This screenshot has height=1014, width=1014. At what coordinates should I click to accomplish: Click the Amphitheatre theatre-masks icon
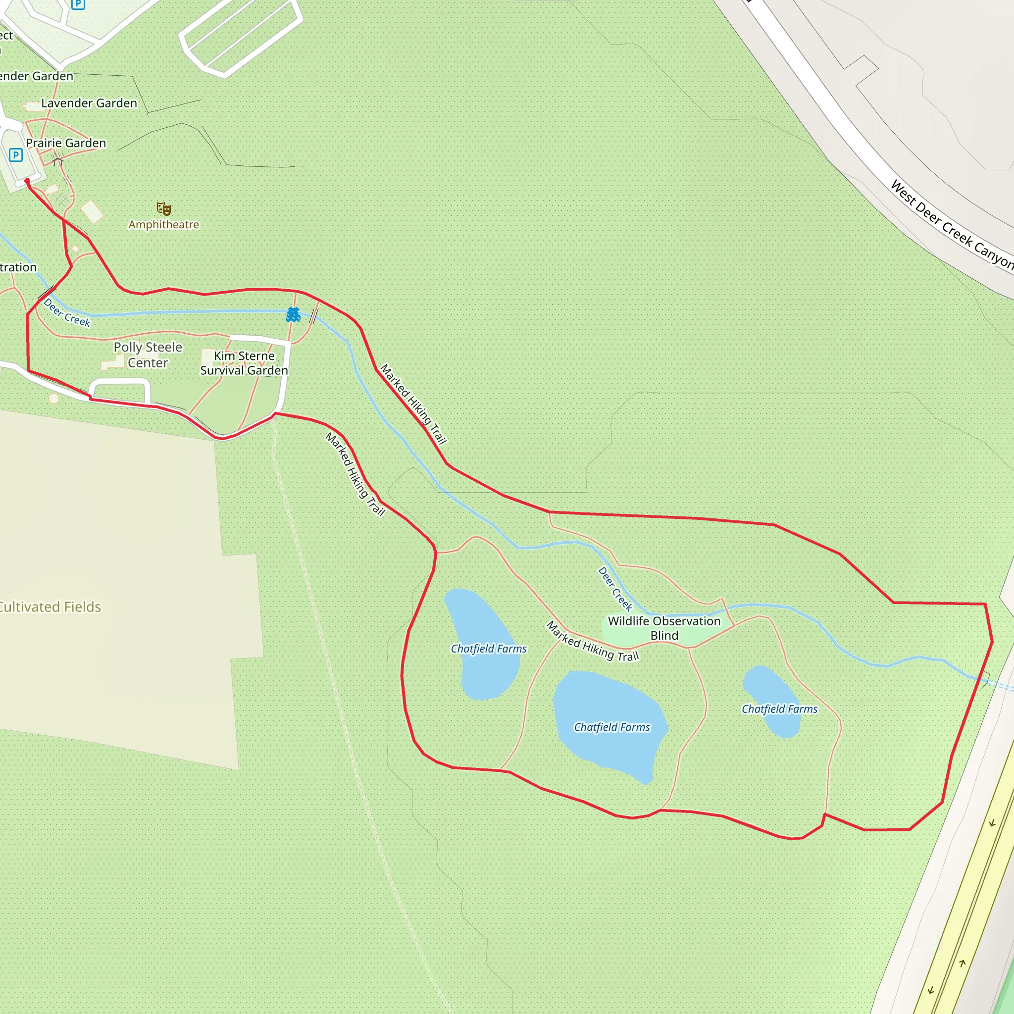(164, 209)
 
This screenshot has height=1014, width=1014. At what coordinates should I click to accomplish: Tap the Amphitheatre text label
(164, 225)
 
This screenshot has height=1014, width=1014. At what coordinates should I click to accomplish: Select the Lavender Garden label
(89, 103)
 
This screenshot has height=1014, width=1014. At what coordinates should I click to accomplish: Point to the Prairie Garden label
(66, 143)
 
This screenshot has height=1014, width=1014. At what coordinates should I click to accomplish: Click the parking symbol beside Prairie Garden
(16, 155)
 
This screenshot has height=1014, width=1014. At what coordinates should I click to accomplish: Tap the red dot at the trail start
(27, 181)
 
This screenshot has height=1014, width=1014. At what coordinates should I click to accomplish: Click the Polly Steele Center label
(148, 355)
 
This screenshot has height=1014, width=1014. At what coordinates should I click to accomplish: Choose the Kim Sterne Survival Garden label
(244, 363)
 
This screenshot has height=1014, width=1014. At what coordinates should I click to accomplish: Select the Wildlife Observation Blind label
(664, 628)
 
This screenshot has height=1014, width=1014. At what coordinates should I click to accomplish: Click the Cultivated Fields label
(50, 607)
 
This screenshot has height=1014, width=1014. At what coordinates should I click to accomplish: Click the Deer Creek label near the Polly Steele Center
(67, 313)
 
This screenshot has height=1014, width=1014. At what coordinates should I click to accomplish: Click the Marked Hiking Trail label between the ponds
(593, 641)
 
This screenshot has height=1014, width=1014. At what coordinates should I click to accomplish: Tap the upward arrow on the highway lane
(962, 963)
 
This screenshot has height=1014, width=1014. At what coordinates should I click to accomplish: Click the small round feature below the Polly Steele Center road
(53, 399)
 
